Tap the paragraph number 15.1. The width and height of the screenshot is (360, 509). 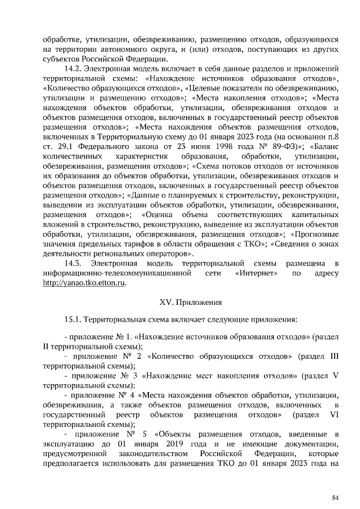pos(74,319)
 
